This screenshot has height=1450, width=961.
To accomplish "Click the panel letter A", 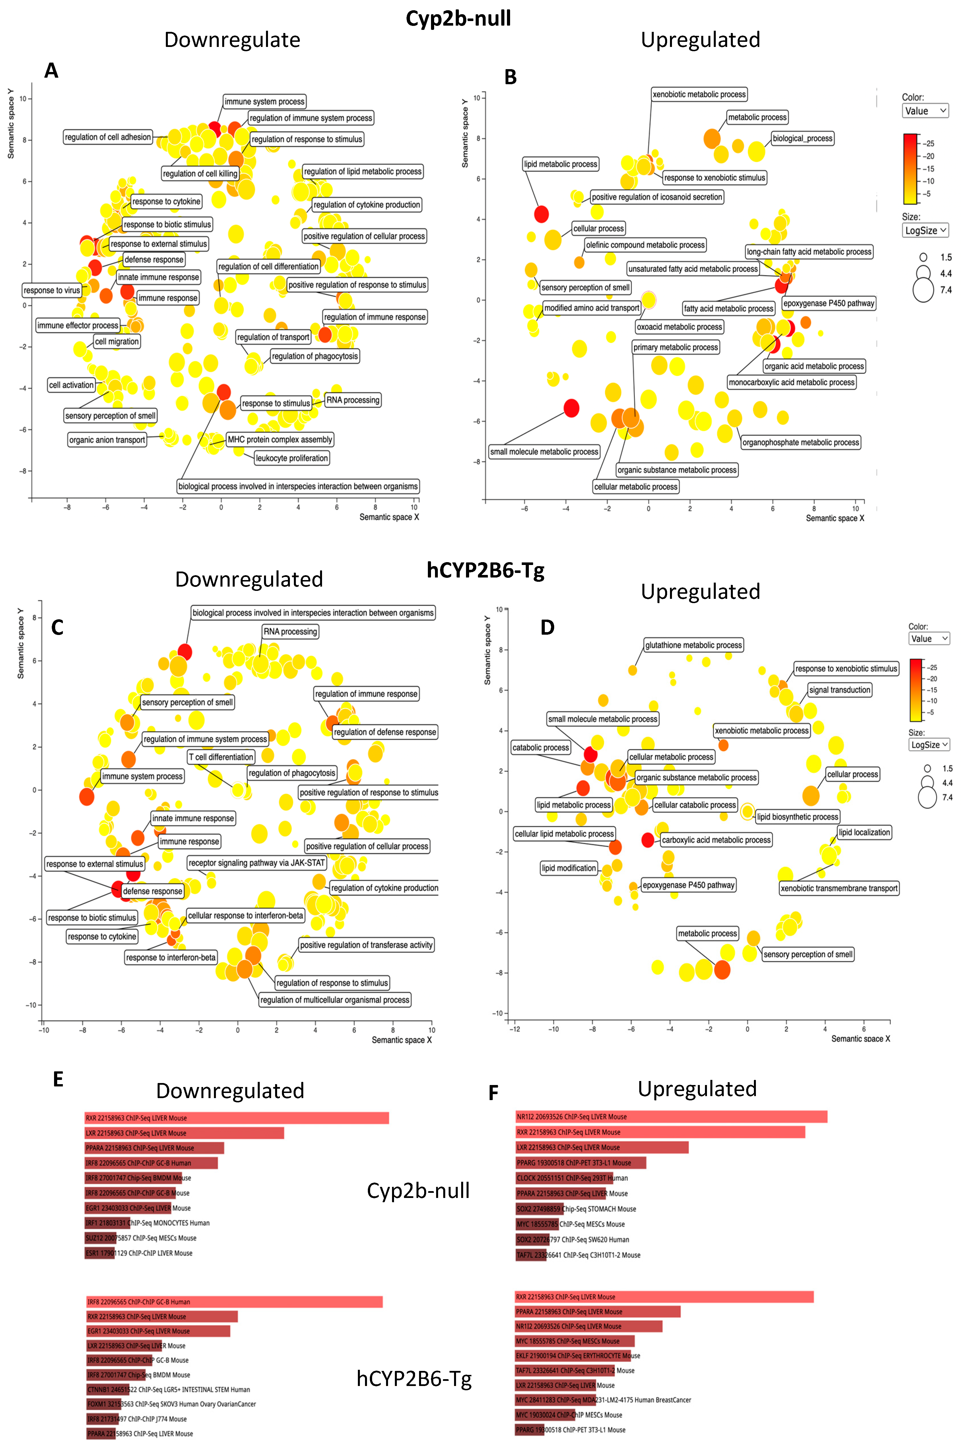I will point(51,71).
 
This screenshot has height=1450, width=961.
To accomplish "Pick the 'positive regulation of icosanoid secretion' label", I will point(656,197).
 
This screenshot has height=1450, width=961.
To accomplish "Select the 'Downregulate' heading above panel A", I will point(232,40).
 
